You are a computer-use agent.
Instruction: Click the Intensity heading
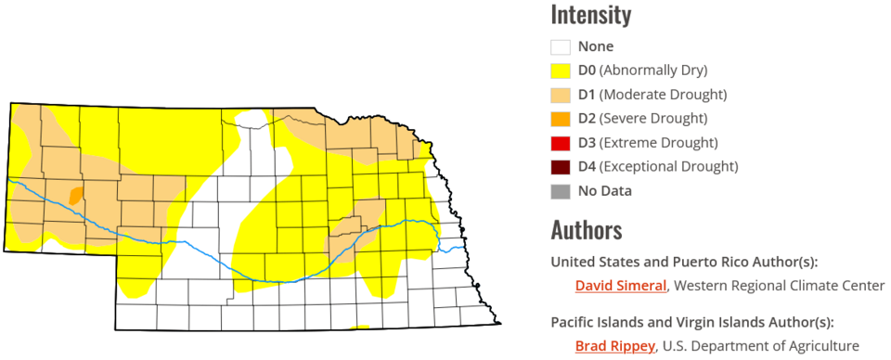tap(590, 16)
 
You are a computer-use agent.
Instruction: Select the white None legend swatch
tap(560, 46)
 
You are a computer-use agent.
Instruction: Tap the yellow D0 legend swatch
tap(560, 71)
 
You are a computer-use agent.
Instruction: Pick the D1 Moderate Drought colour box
tap(560, 95)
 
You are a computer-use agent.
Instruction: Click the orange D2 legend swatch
tap(560, 119)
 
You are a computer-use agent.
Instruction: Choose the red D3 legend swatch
tap(560, 143)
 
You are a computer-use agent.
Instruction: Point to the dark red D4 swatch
tap(560, 167)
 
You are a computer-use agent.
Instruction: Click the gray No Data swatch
tap(560, 191)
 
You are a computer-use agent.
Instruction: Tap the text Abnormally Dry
tap(653, 71)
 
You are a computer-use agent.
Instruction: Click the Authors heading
tap(586, 229)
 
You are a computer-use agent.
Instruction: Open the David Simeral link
tap(621, 286)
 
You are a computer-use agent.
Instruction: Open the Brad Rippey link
tap(613, 347)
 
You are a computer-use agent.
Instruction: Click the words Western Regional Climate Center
tap(779, 286)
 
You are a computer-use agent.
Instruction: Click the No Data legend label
tap(604, 191)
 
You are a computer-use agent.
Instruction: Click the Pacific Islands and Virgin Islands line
tap(691, 323)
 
